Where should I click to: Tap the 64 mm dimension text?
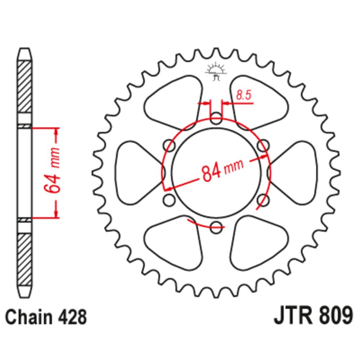point(52,170)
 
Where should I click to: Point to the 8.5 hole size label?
point(244,95)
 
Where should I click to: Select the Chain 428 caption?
point(46,317)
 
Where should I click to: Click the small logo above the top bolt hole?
point(216,71)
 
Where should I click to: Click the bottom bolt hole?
point(216,227)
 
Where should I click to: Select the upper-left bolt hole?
point(169,145)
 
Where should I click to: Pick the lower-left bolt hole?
point(169,200)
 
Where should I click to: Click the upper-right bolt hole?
point(264,145)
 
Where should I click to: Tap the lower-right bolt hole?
point(264,200)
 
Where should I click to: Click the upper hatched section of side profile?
point(24,86)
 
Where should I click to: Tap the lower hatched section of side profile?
point(24,260)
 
